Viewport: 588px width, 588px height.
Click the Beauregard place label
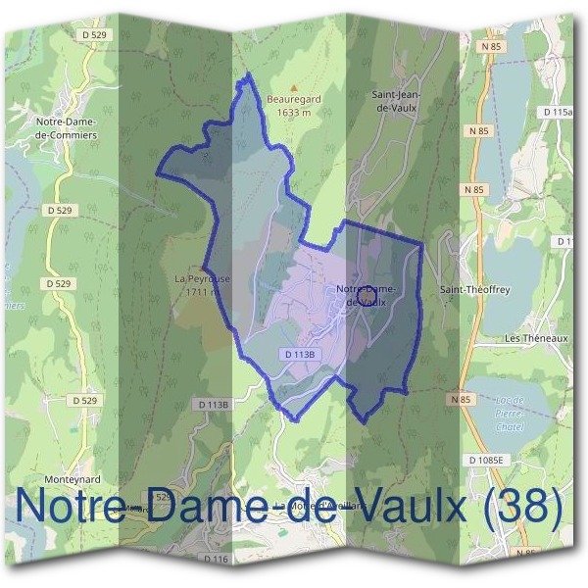pyautogui.click(x=293, y=100)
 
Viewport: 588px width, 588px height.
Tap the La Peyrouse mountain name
pyautogui.click(x=202, y=279)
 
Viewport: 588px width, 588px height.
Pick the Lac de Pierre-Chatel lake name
pyautogui.click(x=509, y=414)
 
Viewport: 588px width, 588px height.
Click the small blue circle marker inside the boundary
pyautogui.click(x=367, y=294)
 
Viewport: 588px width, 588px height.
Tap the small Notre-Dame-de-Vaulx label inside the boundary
pyautogui.click(x=365, y=295)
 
